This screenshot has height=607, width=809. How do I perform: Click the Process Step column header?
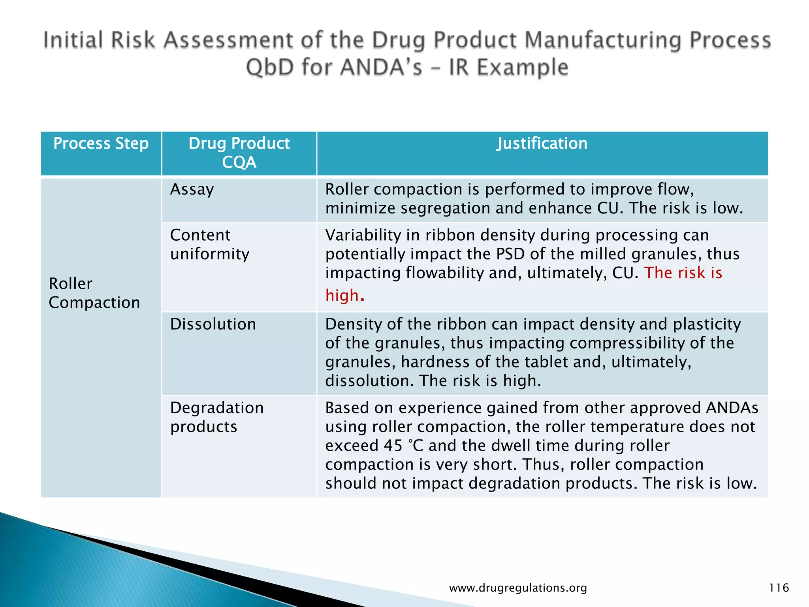101,143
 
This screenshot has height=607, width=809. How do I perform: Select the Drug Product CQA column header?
239,153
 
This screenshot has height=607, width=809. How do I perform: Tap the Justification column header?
542,143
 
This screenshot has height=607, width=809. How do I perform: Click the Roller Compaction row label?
94,293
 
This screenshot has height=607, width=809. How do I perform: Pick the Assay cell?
192,190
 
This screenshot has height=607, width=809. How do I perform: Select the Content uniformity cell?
209,244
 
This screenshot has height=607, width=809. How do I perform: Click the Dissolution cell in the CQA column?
213,324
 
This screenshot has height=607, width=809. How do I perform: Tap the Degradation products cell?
216,417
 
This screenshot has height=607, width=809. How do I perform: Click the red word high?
342,296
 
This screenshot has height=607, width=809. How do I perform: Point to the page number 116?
779,588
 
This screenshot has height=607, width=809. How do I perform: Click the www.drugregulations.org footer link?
518,588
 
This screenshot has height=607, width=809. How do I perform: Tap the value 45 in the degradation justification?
393,446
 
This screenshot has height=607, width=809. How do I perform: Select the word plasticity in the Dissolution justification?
707,324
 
